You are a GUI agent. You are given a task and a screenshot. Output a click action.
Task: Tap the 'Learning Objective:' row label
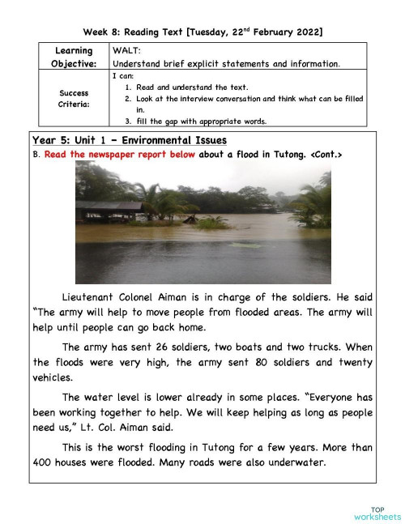74,57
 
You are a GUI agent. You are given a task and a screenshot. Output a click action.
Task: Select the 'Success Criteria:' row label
74,98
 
